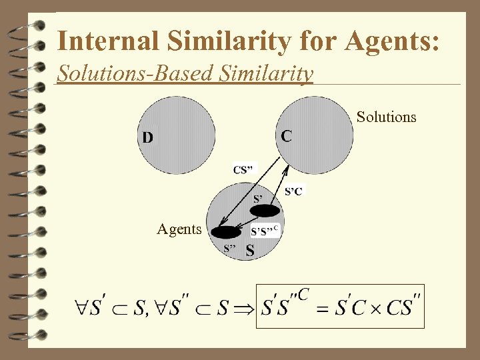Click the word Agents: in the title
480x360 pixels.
[x=393, y=42]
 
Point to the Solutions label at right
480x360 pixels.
[x=386, y=117]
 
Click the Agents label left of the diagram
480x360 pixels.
[x=179, y=229]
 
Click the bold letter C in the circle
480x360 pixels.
[x=285, y=136]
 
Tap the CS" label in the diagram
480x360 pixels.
[x=243, y=169]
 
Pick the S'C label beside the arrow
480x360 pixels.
[x=293, y=191]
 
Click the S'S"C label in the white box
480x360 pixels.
[x=265, y=231]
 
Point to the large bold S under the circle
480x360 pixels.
[x=249, y=251]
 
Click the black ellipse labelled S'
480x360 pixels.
[x=265, y=211]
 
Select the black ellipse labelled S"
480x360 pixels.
[x=227, y=232]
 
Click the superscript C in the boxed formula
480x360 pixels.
[x=304, y=293]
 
